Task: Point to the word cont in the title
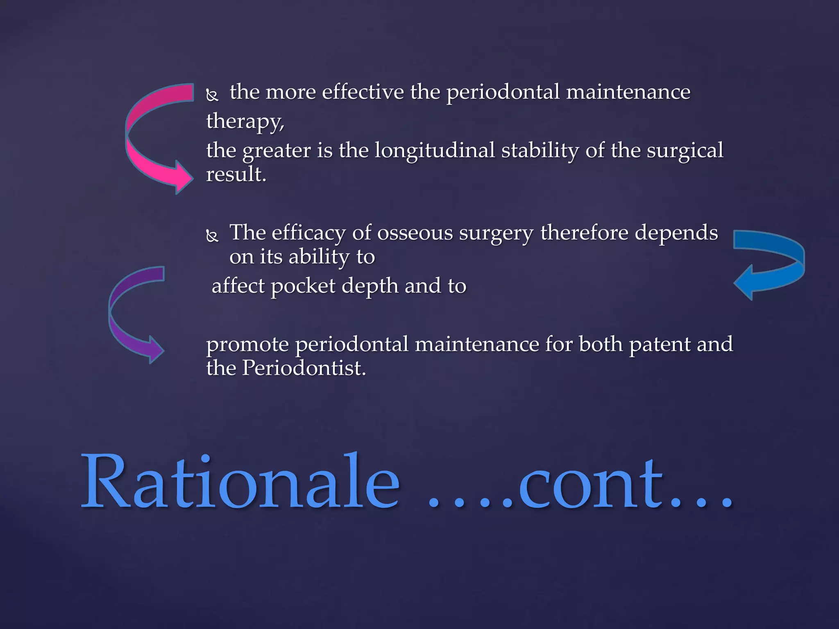pyautogui.click(x=590, y=485)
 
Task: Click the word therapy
pyautogui.click(x=245, y=122)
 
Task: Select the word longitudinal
pyautogui.click(x=435, y=151)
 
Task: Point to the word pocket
pyautogui.click(x=303, y=286)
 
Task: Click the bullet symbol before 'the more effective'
pyautogui.click(x=212, y=95)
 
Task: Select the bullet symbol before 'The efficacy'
pyautogui.click(x=212, y=236)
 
